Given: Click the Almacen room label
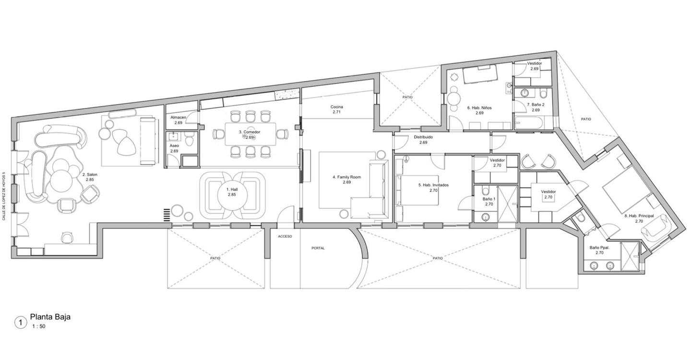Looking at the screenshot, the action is point(178,117).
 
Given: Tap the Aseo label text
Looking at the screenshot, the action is point(174,145).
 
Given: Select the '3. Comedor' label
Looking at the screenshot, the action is point(249,132).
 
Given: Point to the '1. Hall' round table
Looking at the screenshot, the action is point(232,195).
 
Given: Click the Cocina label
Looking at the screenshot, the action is point(336,107).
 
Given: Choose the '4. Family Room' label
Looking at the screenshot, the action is point(347,177).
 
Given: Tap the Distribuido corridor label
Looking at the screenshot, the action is point(423,137).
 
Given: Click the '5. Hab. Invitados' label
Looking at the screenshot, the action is point(433,185).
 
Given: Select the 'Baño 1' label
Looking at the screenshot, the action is point(489,199).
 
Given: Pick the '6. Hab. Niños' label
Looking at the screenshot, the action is point(479,108).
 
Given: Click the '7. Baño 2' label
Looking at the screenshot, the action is point(536,105).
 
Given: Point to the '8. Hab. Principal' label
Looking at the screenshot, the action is point(639,216).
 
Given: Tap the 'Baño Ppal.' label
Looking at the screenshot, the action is point(599,247).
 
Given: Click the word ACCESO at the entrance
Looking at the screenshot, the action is point(285,236).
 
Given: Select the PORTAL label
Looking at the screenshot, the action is point(318,248).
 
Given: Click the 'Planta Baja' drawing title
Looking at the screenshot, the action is point(50,317).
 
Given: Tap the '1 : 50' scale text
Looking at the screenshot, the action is point(39,326).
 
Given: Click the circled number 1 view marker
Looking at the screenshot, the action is point(21,323).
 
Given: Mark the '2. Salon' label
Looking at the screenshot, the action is point(90,175).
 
